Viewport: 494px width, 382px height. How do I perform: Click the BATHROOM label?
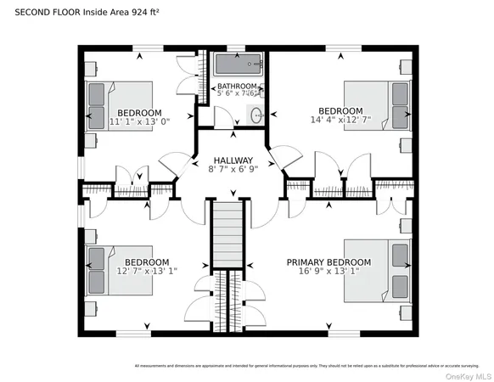click(x=236, y=87)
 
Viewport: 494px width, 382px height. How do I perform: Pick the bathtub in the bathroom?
click(x=237, y=65)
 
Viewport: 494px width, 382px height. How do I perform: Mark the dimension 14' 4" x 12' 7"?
click(x=340, y=121)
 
